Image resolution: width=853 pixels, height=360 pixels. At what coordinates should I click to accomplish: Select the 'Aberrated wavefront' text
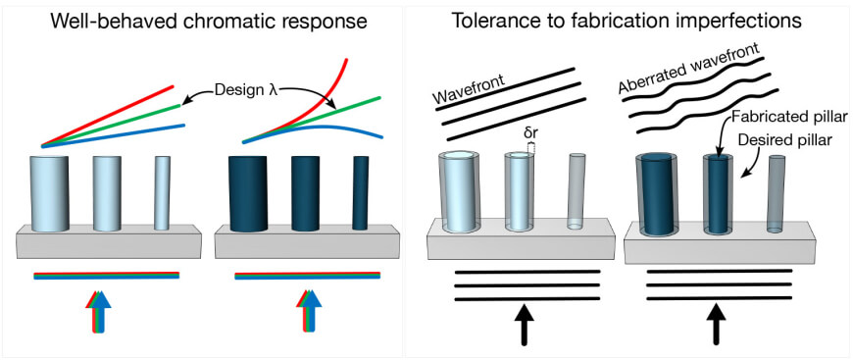point(690,77)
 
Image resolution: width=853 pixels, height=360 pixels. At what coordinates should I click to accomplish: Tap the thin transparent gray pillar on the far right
point(776,193)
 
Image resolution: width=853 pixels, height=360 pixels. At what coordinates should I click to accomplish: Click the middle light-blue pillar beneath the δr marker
point(519,191)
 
